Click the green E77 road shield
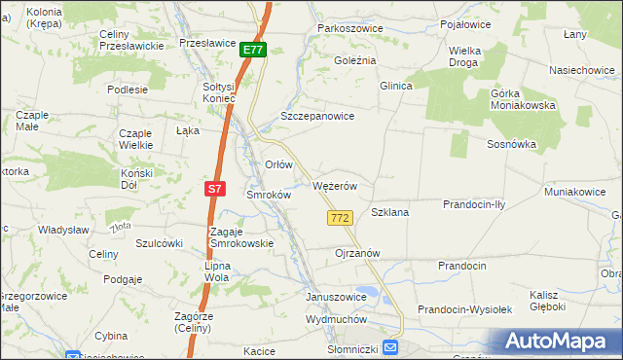point(253,50)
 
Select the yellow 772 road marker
point(340,219)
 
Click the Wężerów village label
point(337,186)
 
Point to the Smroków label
point(269,195)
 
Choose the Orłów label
point(279,164)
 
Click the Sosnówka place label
point(512,144)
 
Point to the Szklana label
point(389,211)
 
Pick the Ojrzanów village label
point(356,253)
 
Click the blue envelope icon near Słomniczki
point(390,347)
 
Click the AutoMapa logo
point(558,342)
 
